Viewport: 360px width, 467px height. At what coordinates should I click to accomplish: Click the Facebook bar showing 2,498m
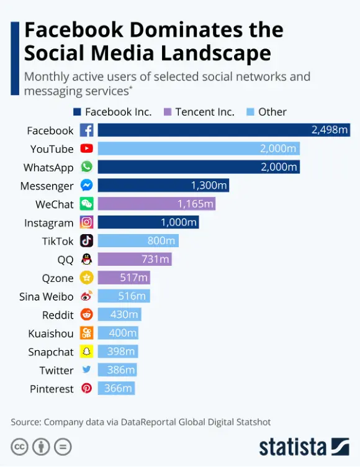224,130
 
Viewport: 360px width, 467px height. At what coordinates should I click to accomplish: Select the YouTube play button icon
86,149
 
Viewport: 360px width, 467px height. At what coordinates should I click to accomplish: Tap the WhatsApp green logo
86,168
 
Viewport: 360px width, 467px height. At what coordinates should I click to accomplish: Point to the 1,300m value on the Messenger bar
210,186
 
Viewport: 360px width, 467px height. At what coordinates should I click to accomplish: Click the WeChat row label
55,204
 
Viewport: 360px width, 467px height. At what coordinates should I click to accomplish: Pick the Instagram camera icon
86,223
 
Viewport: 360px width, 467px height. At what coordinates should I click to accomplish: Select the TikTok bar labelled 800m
138,241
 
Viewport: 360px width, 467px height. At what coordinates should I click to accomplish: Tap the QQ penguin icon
86,260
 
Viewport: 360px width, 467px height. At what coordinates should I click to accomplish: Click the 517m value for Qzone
133,278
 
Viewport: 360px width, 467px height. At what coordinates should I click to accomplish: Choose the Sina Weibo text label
46,297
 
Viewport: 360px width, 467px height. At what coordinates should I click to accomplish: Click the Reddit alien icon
86,315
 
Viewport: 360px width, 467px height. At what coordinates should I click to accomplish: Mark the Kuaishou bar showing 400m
118,333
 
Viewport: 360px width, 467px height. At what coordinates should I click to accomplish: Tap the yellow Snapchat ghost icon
86,352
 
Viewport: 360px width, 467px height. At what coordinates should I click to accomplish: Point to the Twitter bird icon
86,370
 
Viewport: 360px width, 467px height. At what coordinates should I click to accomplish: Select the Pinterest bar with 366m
116,389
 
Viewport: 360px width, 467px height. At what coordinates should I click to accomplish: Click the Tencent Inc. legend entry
199,112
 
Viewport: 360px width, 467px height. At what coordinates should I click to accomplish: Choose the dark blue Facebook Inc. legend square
78,112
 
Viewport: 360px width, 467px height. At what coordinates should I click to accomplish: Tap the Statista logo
304,446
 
